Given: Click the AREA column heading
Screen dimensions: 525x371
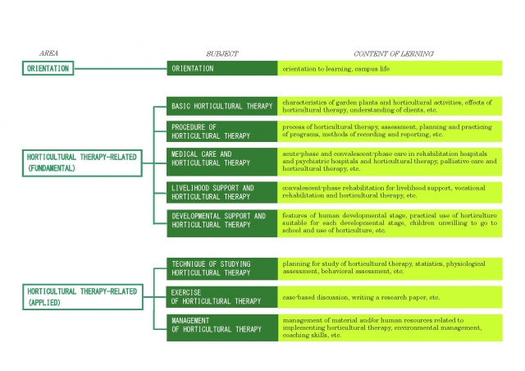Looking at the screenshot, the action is (x=48, y=53).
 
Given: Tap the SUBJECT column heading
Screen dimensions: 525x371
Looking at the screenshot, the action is (x=222, y=53).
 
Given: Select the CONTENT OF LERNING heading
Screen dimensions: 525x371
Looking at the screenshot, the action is (x=394, y=53).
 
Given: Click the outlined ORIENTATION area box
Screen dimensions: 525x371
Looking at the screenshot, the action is (x=48, y=68).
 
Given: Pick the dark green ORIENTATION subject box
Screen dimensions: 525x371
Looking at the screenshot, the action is (x=222, y=68).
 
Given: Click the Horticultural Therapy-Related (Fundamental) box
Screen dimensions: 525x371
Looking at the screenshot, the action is (x=82, y=163).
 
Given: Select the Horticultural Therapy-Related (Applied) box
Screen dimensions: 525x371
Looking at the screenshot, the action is (x=83, y=297).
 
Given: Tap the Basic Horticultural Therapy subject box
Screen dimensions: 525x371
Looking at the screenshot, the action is (x=222, y=106).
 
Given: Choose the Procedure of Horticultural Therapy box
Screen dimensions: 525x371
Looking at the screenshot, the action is (x=222, y=131).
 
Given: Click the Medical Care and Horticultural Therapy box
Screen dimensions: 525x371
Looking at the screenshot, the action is (x=222, y=162).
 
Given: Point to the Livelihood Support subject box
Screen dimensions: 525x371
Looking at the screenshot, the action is (x=222, y=192).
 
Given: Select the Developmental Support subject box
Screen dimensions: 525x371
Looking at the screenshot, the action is (x=222, y=223).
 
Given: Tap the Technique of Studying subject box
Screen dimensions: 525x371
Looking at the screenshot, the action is (x=222, y=268).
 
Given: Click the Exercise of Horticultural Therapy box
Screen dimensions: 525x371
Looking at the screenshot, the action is (x=222, y=297).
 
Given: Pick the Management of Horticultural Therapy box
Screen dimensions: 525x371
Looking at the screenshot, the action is (x=222, y=327).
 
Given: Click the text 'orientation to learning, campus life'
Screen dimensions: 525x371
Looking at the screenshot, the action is (x=336, y=69).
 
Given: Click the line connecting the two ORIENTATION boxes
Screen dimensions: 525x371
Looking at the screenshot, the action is (x=121, y=69).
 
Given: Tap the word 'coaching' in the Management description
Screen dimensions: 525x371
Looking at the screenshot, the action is (x=294, y=335).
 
